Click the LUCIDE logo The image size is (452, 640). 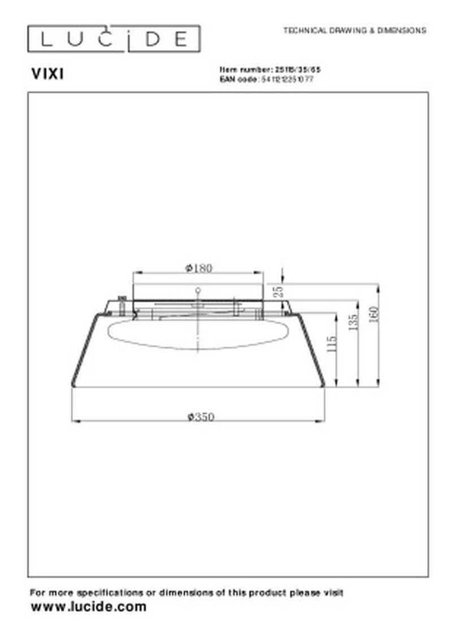coord(114,39)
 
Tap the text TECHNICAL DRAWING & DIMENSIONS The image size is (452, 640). coord(354,31)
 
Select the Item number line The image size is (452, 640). coord(273,69)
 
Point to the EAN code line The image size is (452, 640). coord(267,80)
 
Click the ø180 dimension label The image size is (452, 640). coord(199,268)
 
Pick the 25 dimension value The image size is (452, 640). coord(277,291)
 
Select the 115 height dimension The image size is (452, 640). coord(332,345)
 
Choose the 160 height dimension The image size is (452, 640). coord(374,314)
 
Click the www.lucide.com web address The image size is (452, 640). coord(88,607)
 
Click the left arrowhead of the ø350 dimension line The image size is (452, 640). coord(75,421)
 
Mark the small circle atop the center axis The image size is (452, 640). coord(198,290)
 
